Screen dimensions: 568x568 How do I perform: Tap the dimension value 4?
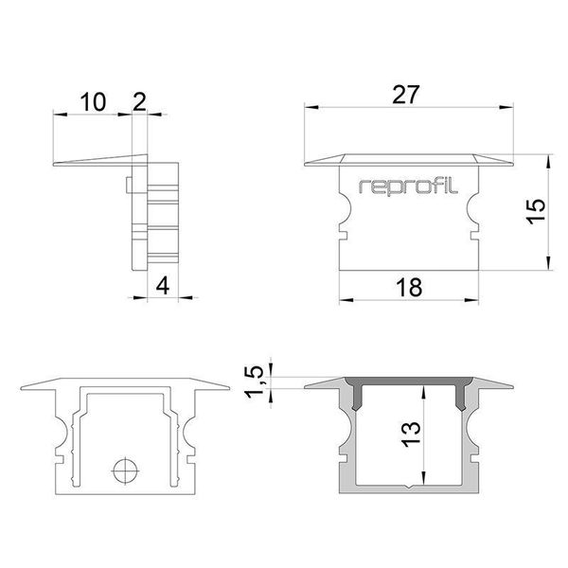click(163, 286)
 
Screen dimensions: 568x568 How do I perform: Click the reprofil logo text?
click(410, 186)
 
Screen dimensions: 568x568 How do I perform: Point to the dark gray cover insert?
click(410, 383)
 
